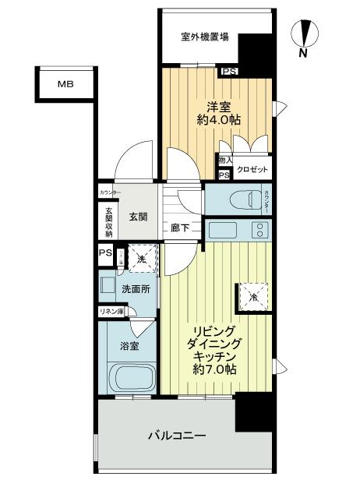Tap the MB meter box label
point(65,85)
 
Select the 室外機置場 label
point(204,37)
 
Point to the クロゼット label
point(252,170)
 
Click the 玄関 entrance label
point(139,217)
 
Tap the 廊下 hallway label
point(179,229)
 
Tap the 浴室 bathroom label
point(129,345)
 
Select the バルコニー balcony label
point(177,436)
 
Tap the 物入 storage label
point(224,161)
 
